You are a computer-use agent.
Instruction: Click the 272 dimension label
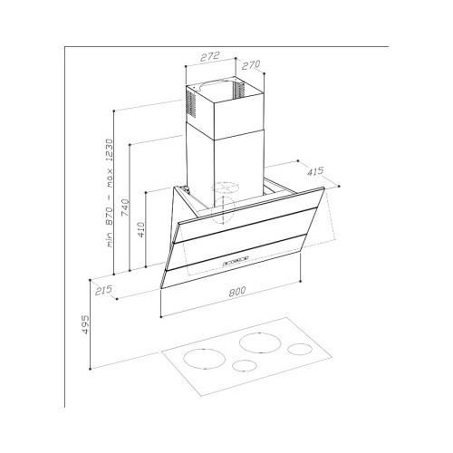209,56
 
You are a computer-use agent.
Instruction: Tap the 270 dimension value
250,64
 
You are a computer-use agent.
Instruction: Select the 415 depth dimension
315,171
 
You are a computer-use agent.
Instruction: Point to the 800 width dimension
236,292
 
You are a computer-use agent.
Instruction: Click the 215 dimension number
103,290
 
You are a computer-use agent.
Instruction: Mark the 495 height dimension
86,324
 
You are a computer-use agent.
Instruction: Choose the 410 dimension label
141,229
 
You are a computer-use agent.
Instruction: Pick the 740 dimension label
125,207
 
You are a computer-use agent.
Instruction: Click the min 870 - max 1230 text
109,193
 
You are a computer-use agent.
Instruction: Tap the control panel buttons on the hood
236,261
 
